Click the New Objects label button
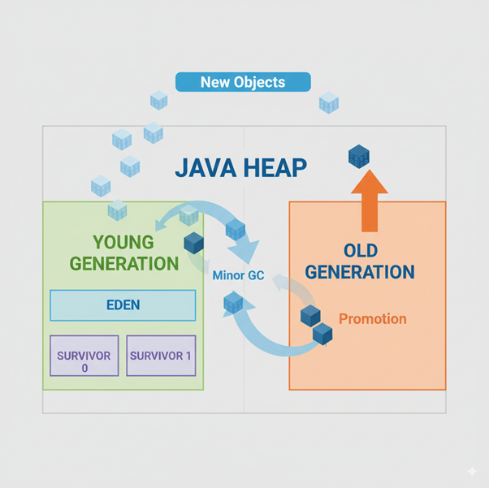tap(244, 82)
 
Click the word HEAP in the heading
tap(276, 168)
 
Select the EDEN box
tap(123, 305)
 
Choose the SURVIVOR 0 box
tap(84, 356)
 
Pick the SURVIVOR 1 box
tap(162, 356)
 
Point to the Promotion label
tap(372, 318)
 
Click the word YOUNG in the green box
tap(123, 242)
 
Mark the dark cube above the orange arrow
tap(359, 156)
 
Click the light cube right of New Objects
tap(329, 102)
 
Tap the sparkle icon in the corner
tap(473, 472)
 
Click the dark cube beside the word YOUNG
tap(193, 242)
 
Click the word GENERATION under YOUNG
tap(123, 263)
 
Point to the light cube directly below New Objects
tap(159, 101)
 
